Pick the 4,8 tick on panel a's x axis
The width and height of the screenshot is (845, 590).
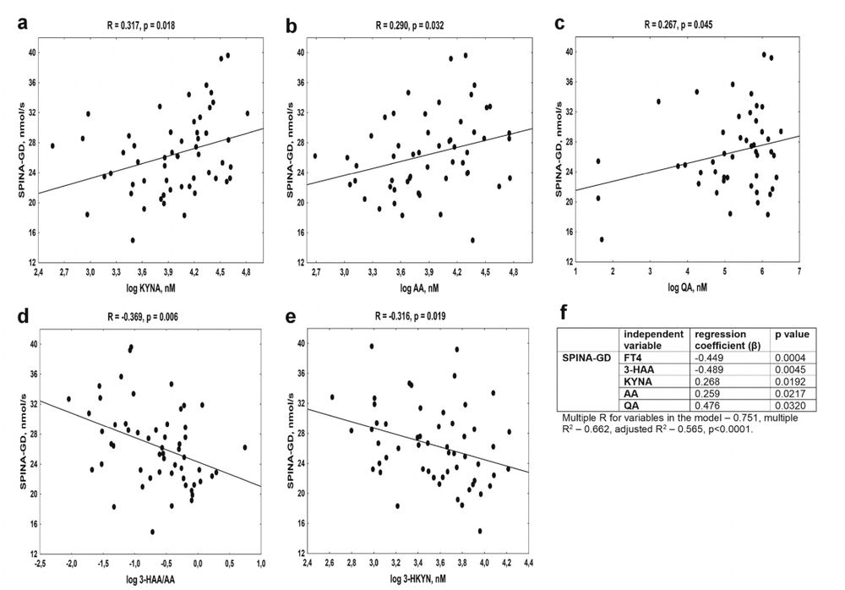[x=247, y=274]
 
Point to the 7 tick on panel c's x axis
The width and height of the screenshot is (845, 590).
[x=799, y=273]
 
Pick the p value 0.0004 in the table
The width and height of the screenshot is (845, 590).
[x=788, y=357]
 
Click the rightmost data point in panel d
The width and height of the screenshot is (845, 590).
[x=245, y=447]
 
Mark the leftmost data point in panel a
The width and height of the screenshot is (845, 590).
[x=52, y=145]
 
